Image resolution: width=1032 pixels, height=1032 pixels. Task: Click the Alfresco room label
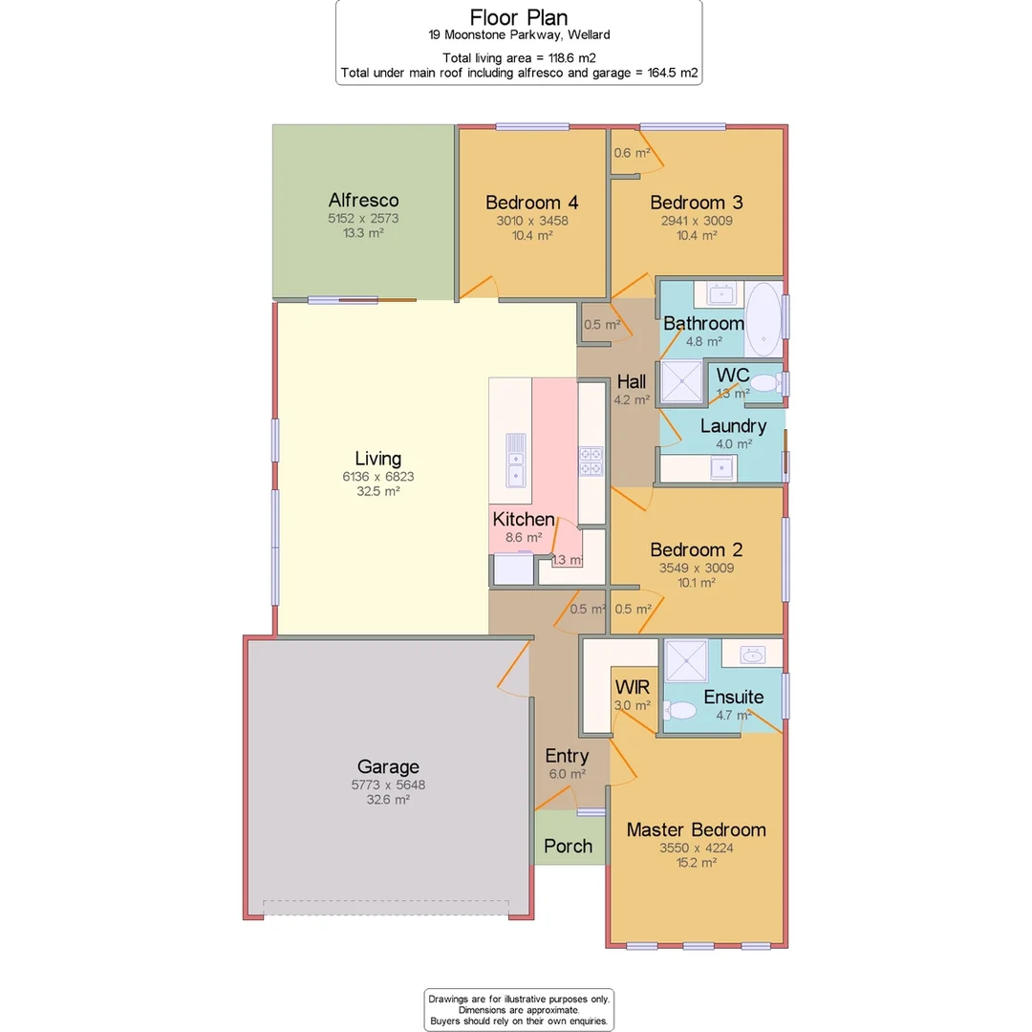tap(363, 201)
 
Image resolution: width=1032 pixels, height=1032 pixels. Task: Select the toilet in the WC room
tap(763, 383)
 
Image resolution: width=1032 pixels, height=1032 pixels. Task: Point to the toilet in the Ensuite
tap(681, 711)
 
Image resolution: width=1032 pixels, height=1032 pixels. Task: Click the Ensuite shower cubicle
tap(686, 660)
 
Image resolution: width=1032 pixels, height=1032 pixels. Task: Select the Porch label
tap(568, 846)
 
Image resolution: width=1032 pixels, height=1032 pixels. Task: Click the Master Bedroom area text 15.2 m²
tap(696, 862)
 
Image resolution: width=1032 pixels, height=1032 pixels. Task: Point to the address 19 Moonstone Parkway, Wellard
tap(519, 35)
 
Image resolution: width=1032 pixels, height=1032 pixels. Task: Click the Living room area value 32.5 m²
tap(377, 491)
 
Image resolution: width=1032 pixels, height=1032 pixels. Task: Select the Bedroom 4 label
tap(531, 203)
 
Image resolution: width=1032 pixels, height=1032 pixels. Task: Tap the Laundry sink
tap(720, 468)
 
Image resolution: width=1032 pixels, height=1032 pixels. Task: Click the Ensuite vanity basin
tap(753, 655)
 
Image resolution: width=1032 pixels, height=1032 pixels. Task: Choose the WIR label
tap(633, 688)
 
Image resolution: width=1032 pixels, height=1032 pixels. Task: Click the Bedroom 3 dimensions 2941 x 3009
tap(696, 220)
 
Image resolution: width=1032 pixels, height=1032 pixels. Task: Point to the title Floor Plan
tap(519, 17)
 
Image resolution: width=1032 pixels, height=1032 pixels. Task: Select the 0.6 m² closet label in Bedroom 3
tap(631, 153)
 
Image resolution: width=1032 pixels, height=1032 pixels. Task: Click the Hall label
tap(632, 383)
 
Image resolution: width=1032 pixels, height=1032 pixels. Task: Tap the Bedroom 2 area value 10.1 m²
tap(696, 582)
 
